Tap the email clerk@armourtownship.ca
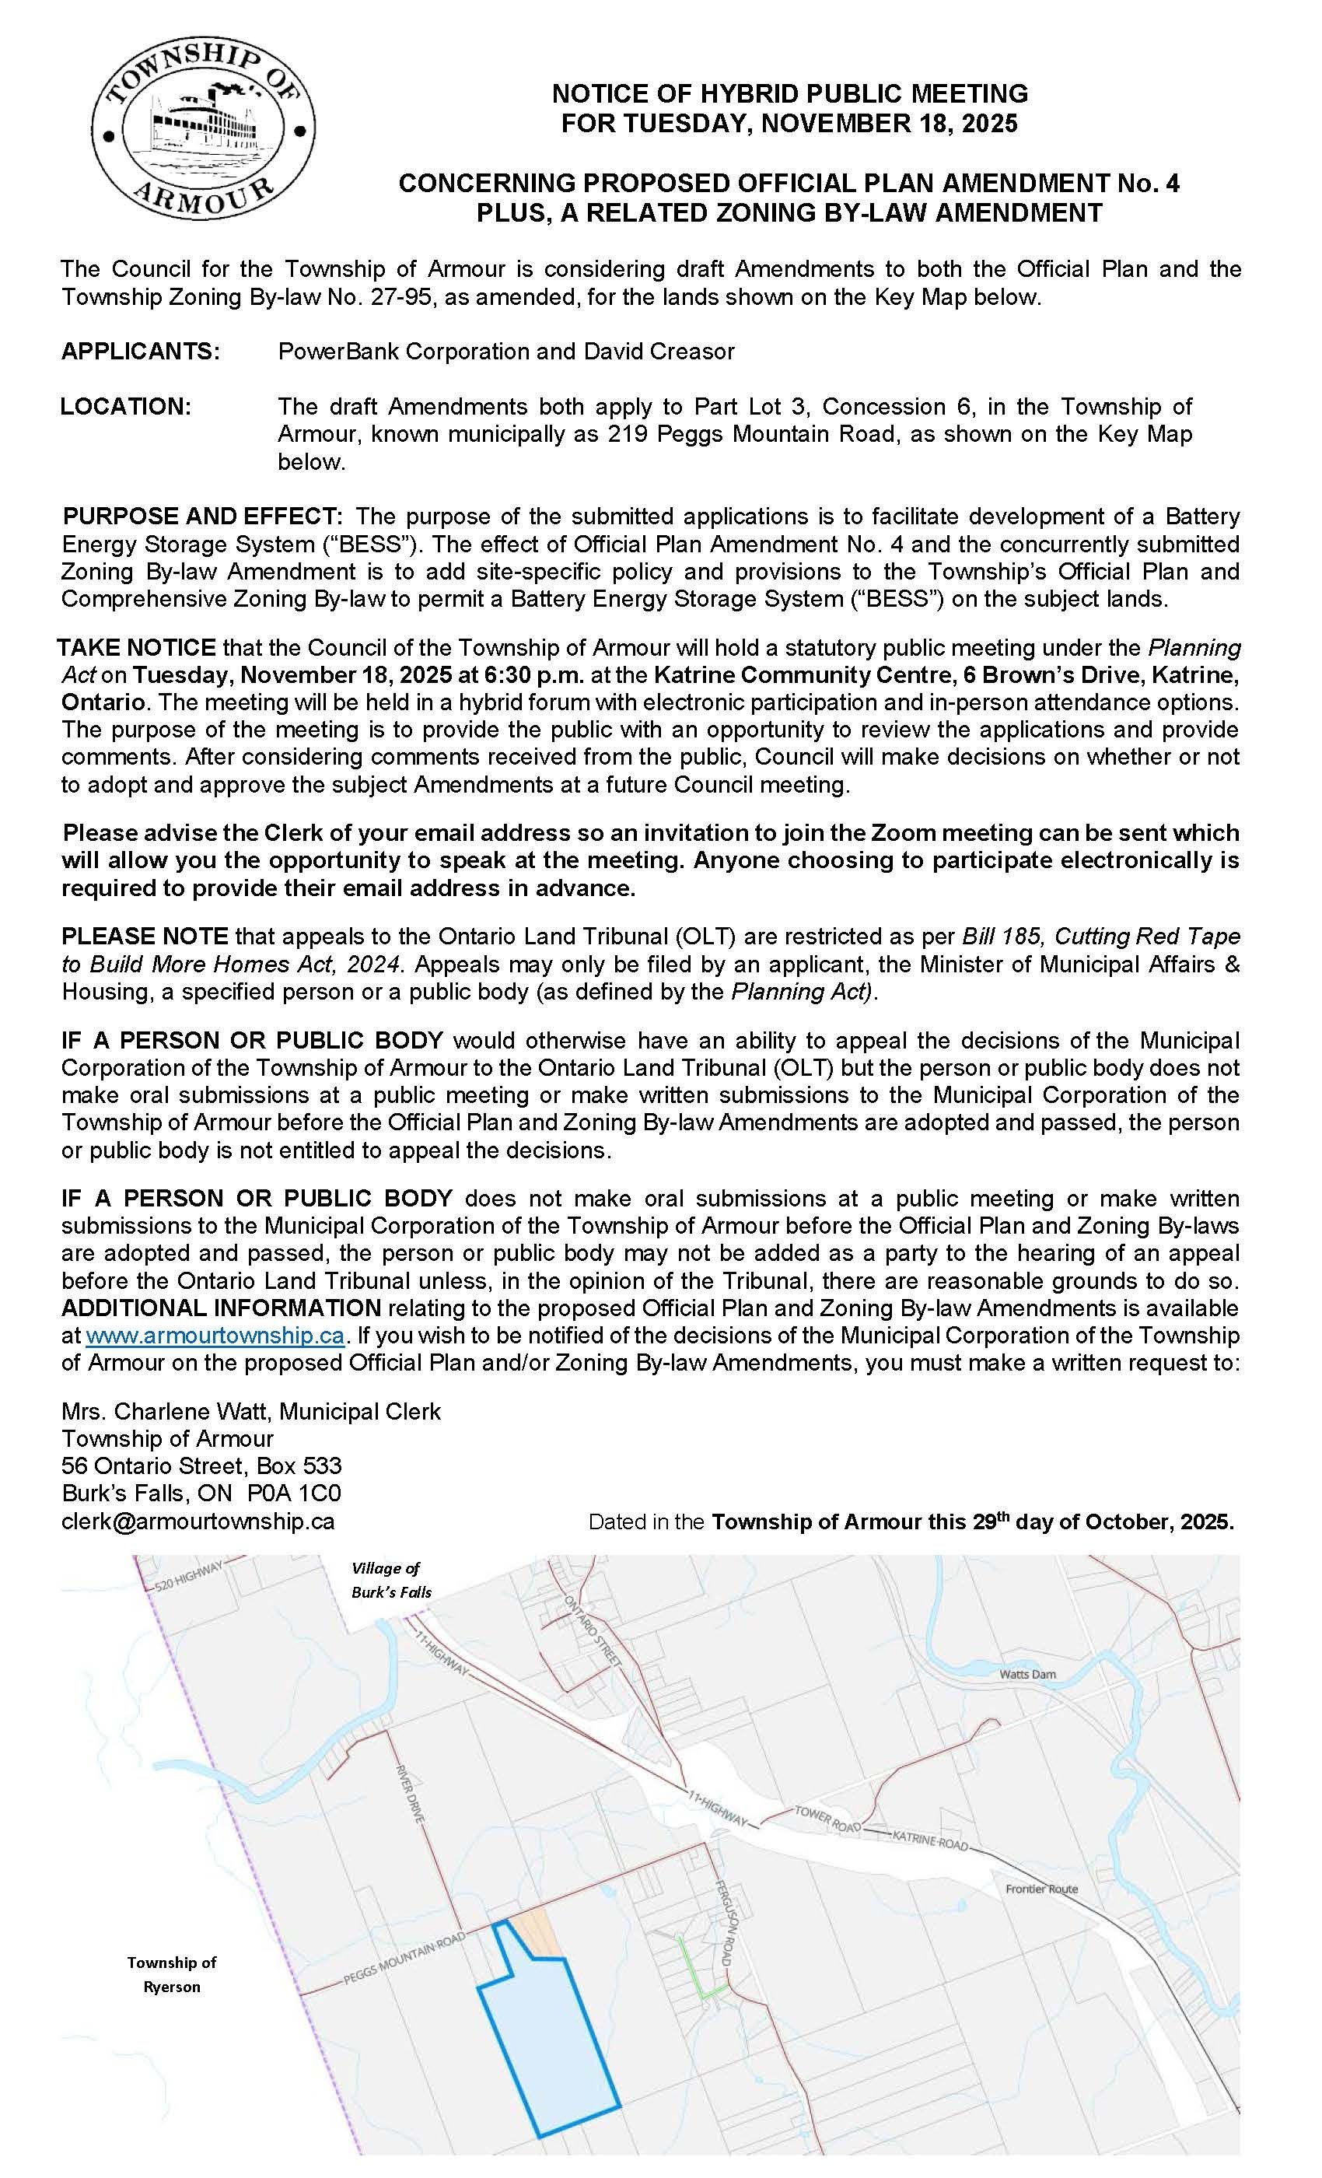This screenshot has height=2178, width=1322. point(198,1521)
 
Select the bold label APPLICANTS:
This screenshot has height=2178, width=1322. point(141,351)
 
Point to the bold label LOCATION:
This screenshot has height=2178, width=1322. point(125,407)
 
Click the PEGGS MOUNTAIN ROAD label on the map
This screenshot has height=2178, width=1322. point(403,1959)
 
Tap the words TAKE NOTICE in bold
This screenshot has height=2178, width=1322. point(137,648)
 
